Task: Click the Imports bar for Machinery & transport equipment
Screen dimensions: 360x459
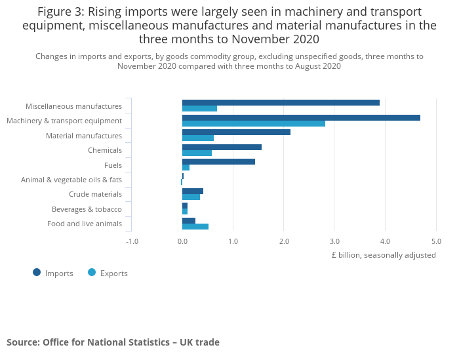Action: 301,117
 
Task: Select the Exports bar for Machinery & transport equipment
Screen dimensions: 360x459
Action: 254,123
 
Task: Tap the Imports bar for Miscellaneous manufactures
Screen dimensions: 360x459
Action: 281,102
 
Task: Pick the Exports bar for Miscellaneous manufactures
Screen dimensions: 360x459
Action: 199,109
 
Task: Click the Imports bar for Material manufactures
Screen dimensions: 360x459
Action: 236,132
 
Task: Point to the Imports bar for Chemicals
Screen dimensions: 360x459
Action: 222,147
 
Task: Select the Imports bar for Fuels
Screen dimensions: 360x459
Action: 218,161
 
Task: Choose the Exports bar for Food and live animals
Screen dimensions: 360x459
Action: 195,226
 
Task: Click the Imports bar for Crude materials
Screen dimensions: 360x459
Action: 193,191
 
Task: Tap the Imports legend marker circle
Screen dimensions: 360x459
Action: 37,272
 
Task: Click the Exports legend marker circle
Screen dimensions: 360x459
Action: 92,272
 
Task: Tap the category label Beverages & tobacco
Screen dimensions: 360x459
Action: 87,209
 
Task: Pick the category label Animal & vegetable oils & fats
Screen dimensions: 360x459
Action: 71,180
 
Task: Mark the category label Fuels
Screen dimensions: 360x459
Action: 113,165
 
